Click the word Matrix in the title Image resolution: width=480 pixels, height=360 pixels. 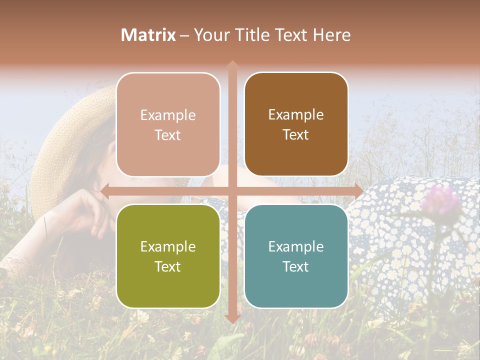point(148,35)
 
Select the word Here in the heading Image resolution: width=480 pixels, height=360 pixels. point(331,35)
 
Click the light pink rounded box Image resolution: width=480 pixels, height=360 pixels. point(168,124)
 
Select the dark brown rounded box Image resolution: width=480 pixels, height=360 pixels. point(296,124)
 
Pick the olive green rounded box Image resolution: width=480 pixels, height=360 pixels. point(168,256)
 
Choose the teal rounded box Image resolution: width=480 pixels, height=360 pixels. point(296,256)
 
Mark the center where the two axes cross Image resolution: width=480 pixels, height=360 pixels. point(232,191)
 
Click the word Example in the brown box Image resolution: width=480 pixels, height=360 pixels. point(296,115)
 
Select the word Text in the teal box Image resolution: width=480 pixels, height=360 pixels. point(296,266)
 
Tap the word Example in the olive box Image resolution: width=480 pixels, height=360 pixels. point(168,246)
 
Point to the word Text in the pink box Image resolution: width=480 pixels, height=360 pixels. point(168,135)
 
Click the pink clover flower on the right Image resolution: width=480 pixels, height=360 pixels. point(440,199)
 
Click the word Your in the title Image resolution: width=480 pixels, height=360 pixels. point(209,35)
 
